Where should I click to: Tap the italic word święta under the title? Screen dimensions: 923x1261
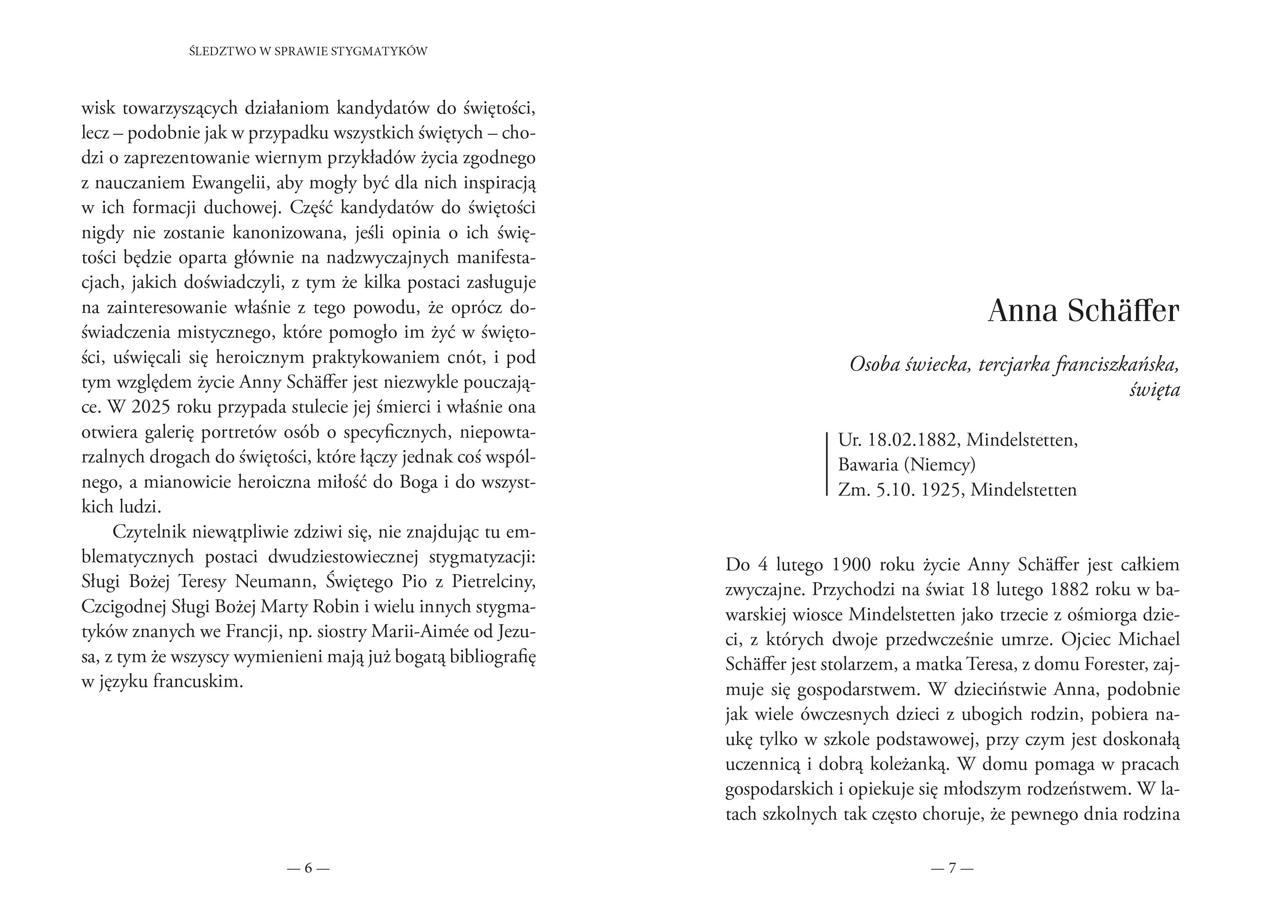[x=1154, y=389]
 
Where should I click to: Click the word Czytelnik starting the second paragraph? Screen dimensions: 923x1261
[x=149, y=531]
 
